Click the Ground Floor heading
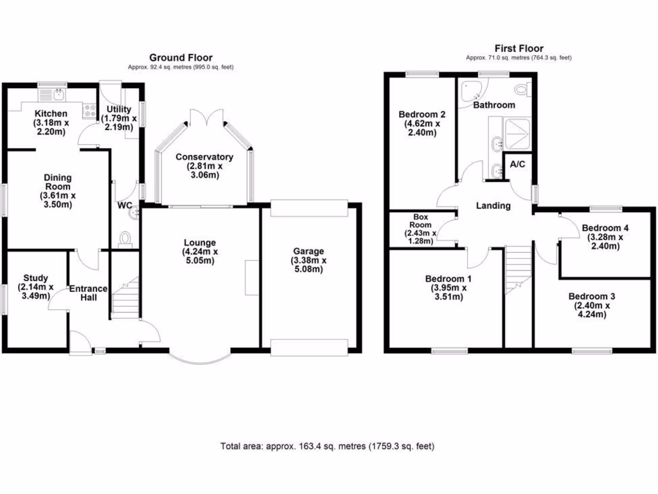tap(181, 58)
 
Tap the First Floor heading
tap(519, 48)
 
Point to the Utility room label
tap(119, 109)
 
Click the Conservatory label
tap(204, 157)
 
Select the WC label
tap(124, 206)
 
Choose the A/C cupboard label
tap(517, 164)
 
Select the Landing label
tap(493, 206)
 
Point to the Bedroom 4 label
tap(605, 228)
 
